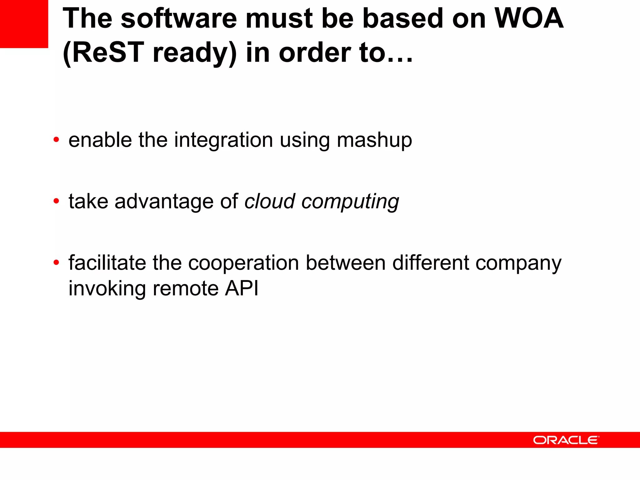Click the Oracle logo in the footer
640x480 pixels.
tap(566, 440)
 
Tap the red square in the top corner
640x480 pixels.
tap(24, 24)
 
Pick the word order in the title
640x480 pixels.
tap(315, 52)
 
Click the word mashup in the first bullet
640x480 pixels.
tap(374, 140)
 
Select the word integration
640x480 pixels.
tap(223, 140)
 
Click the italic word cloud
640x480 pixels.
tap(270, 201)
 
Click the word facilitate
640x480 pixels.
tap(107, 262)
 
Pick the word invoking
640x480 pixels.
tap(107, 288)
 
